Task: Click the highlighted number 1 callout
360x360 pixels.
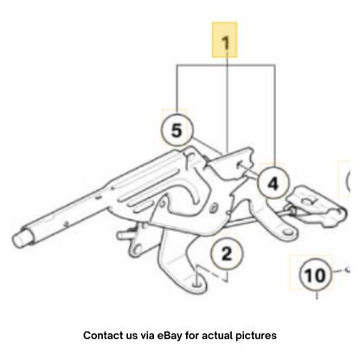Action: pyautogui.click(x=225, y=40)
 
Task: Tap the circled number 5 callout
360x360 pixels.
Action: pyautogui.click(x=177, y=130)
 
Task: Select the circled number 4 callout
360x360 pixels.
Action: pyautogui.click(x=273, y=183)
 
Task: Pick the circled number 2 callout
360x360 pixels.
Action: pyautogui.click(x=227, y=254)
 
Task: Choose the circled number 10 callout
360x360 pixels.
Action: pyautogui.click(x=315, y=274)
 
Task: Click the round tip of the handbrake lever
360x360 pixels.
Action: pyautogui.click(x=19, y=238)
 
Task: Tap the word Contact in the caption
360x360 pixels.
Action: pyautogui.click(x=100, y=336)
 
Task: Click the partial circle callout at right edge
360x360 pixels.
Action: pyautogui.click(x=347, y=179)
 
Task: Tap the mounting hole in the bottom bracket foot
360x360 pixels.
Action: pyautogui.click(x=196, y=284)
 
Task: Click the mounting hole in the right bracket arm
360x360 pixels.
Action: pyautogui.click(x=286, y=232)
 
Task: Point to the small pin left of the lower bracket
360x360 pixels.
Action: pyautogui.click(x=124, y=235)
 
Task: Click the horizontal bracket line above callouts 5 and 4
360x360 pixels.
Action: pyautogui.click(x=226, y=66)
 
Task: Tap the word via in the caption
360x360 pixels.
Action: pyautogui.click(x=147, y=336)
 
